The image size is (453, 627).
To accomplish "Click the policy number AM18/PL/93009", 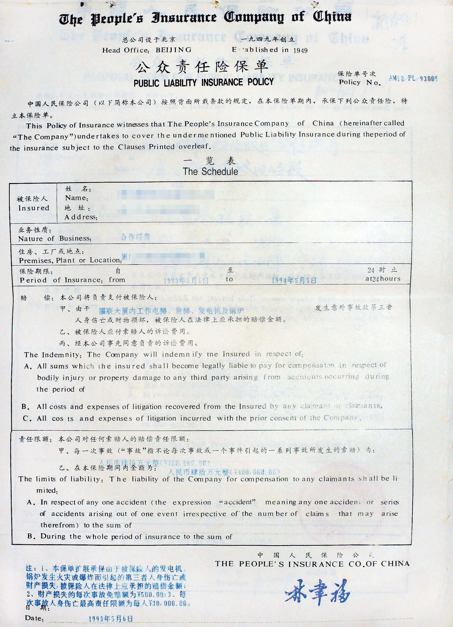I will tap(413, 79).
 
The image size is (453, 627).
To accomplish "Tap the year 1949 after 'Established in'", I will tap(300, 50).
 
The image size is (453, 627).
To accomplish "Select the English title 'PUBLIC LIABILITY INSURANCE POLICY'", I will tap(204, 82).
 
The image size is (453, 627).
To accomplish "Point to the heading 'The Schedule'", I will tap(210, 171).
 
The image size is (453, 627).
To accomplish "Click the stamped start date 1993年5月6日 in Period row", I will tap(186, 281).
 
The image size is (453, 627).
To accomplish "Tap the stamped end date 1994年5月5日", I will tap(294, 281).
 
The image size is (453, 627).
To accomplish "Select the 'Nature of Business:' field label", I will tap(55, 239).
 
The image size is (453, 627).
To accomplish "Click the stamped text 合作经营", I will tap(136, 237).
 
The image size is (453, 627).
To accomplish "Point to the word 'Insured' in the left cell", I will tap(34, 208).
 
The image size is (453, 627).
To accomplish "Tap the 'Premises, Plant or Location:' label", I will tap(70, 260).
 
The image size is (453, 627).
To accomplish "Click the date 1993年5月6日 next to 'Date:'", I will tap(111, 619).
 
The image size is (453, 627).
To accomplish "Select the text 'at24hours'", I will tap(383, 279).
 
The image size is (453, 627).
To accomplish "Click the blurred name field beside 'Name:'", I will tap(168, 195).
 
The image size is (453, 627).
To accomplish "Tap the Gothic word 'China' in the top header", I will tap(332, 17).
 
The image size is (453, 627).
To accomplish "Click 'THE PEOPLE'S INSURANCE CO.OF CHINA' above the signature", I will tap(312, 564).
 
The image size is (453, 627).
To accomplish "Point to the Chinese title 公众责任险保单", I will tap(202, 67).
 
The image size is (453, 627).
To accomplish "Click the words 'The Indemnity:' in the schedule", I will tap(53, 355).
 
